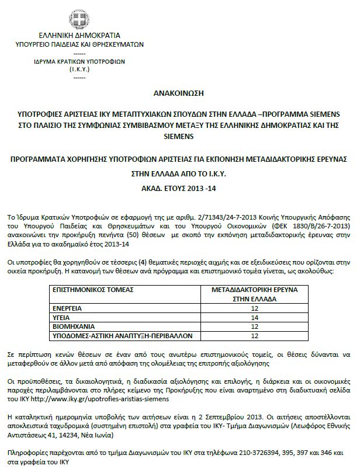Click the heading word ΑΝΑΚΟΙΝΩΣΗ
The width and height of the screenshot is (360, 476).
180,92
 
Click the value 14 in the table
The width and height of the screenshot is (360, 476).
254,317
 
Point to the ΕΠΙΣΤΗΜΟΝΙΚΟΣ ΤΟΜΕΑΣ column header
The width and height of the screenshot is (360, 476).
94,289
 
